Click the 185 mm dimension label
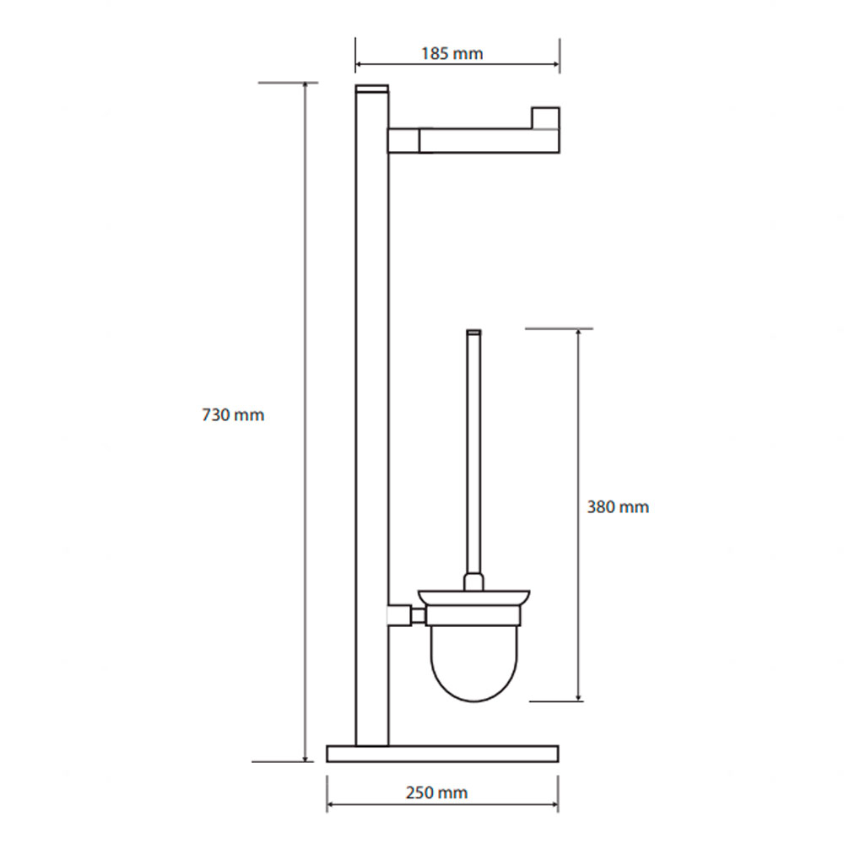(x=452, y=54)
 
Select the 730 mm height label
(x=233, y=415)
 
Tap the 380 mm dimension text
(x=618, y=507)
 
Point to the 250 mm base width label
(x=436, y=793)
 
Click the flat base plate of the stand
(x=442, y=754)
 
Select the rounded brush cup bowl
(x=473, y=663)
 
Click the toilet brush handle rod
(x=473, y=452)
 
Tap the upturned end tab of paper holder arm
(x=546, y=118)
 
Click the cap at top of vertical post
(x=372, y=89)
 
